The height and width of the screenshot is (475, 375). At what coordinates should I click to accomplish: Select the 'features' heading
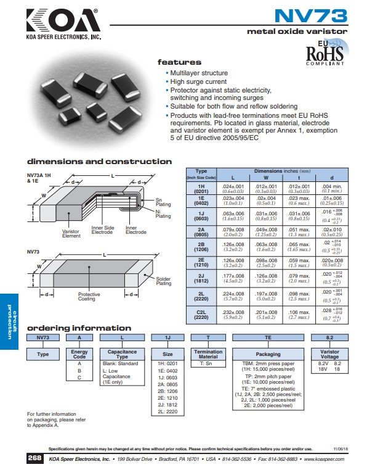[x=179, y=62]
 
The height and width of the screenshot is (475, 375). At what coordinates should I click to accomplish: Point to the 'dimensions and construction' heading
[x=99, y=162]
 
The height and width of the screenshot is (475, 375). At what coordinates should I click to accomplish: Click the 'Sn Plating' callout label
[x=163, y=202]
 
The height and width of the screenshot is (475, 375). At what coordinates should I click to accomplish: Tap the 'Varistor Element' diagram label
[x=71, y=234]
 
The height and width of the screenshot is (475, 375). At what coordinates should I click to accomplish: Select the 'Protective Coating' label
[x=89, y=297]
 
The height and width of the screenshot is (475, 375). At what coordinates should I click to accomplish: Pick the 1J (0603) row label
[x=201, y=216]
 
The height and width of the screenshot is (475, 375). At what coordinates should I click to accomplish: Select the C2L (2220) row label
[x=201, y=315]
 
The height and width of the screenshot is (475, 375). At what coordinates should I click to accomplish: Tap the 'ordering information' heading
[x=79, y=328]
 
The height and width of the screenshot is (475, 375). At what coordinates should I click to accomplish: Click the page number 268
[x=34, y=460]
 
